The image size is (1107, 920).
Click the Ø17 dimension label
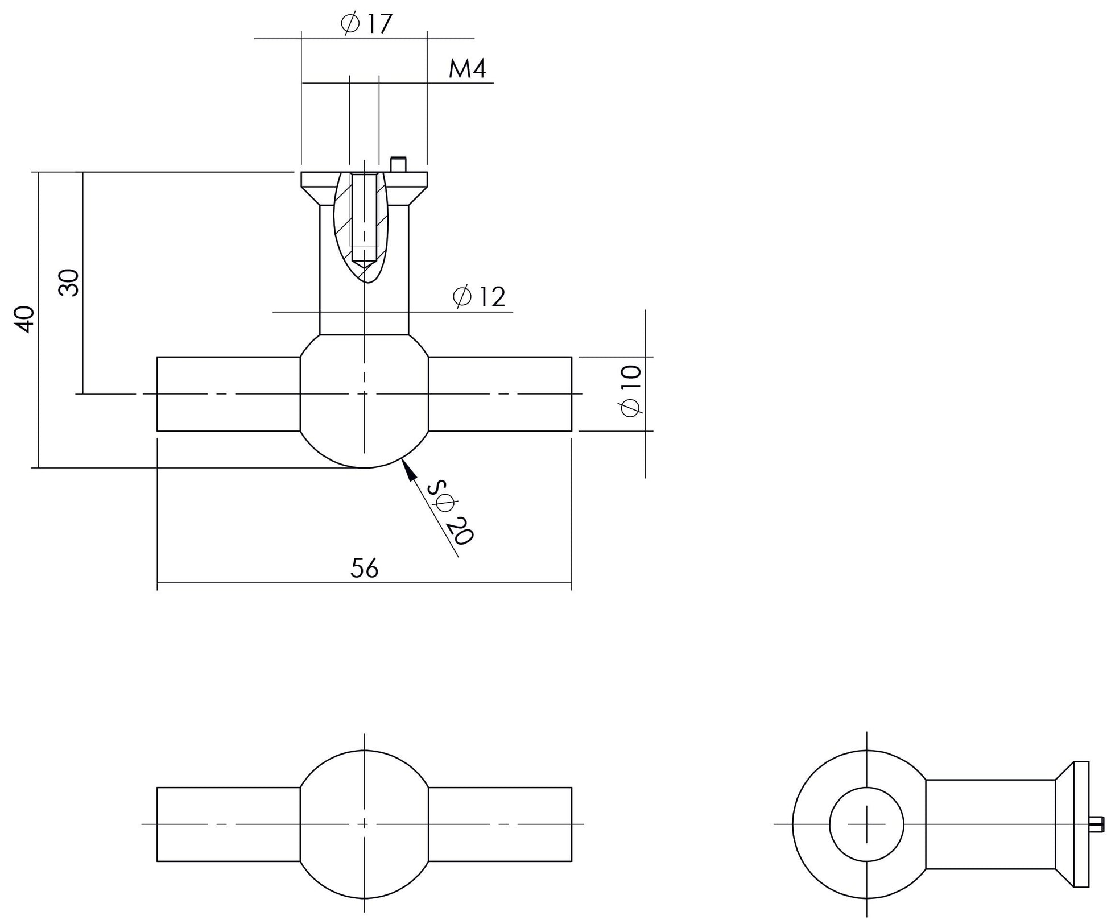(x=367, y=24)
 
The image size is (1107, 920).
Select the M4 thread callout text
(x=467, y=69)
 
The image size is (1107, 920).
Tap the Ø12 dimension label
(x=479, y=297)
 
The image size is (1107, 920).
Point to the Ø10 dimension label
(x=631, y=391)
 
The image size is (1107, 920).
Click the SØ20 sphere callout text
(x=451, y=512)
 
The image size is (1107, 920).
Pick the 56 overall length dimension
(x=365, y=568)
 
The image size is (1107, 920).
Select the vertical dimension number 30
(x=69, y=283)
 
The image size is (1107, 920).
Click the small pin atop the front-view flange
(x=398, y=164)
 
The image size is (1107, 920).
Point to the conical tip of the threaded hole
(x=364, y=265)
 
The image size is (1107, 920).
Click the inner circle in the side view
(x=866, y=824)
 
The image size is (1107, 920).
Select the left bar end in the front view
(x=228, y=393)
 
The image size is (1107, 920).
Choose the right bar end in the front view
(x=499, y=393)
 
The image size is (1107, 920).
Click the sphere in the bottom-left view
(x=364, y=824)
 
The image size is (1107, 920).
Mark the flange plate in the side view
(x=1080, y=824)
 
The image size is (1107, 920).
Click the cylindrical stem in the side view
(x=990, y=824)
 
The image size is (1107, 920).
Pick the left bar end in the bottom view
(x=228, y=824)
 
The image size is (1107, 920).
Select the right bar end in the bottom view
(x=499, y=824)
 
